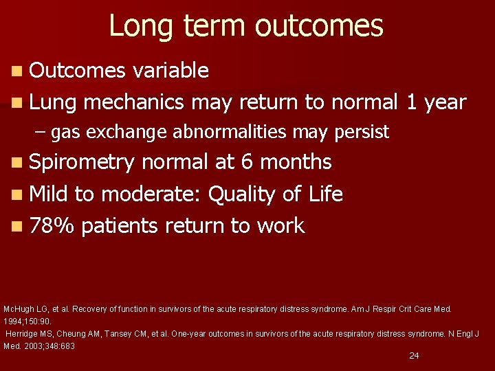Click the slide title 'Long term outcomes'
point(246,26)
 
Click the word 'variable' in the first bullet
point(170,70)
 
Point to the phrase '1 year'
point(436,102)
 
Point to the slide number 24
point(414,355)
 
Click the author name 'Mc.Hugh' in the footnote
point(17,309)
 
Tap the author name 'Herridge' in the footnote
point(22,334)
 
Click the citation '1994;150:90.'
point(27,321)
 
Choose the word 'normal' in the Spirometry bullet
point(175,162)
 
